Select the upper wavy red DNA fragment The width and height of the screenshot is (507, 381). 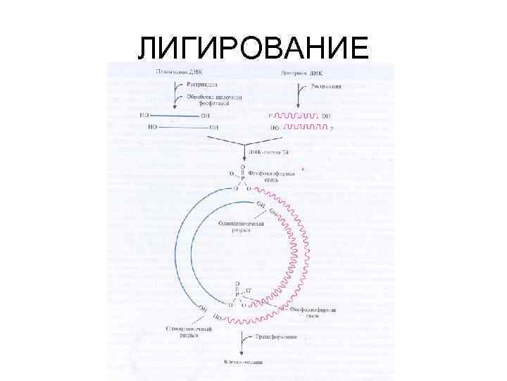coord(296,114)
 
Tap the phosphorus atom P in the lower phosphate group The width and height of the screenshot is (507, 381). coord(237,296)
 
